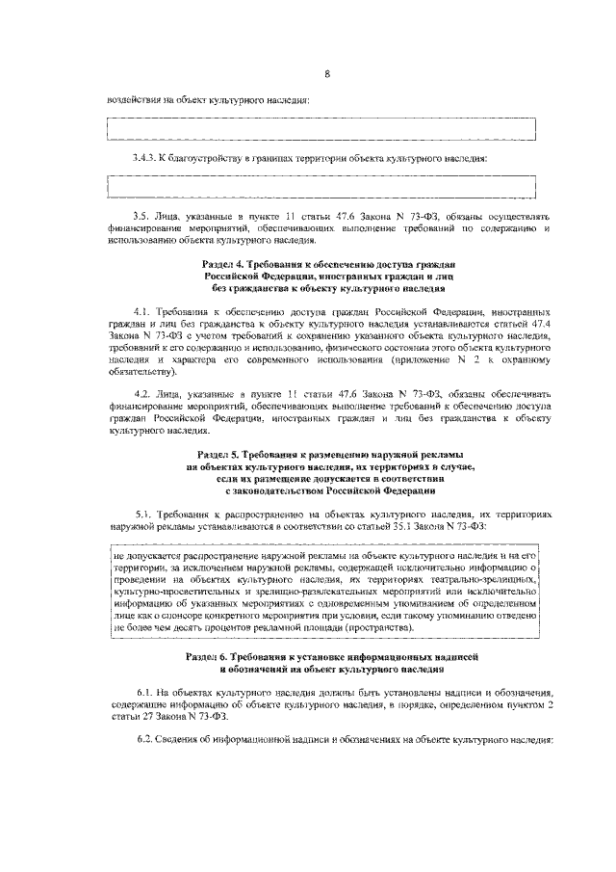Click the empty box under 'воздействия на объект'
[321, 127]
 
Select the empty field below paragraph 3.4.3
[321, 185]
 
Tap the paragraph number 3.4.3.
[145, 157]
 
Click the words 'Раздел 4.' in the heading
[227, 263]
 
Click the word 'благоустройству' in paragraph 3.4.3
[201, 157]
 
